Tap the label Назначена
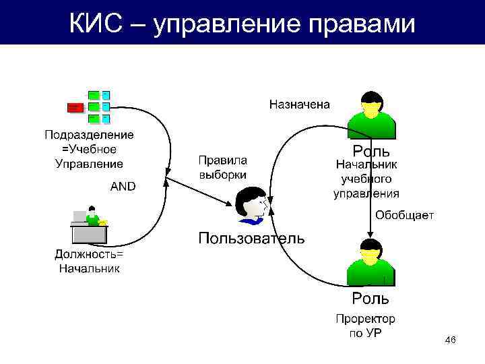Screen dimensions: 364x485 [x=300, y=104]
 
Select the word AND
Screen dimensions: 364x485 [x=123, y=187]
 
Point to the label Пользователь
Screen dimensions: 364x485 [x=251, y=238]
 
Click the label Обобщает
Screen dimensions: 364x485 [x=405, y=215]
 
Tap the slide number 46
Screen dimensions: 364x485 [x=451, y=342]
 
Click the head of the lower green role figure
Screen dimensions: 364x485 [x=370, y=251]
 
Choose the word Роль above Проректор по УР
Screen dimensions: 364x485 [x=370, y=297]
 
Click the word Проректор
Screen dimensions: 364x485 [x=366, y=318]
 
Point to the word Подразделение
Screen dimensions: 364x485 [x=89, y=135]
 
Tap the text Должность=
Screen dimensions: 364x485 [x=89, y=255]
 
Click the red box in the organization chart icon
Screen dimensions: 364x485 [x=75, y=107]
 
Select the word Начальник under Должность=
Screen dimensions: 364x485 [x=89, y=268]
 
